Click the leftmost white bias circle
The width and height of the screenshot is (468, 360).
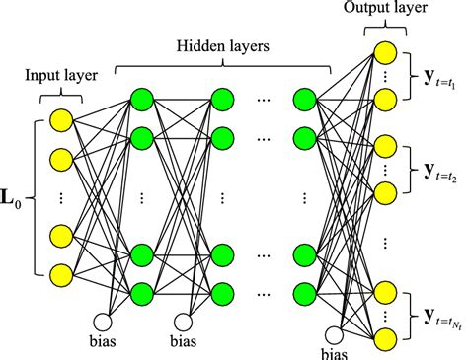click(x=102, y=322)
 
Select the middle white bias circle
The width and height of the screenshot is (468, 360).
click(x=184, y=322)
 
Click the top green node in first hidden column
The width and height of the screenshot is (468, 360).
click(x=141, y=99)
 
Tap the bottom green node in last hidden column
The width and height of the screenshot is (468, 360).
click(x=305, y=292)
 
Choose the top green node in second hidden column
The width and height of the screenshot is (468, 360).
click(x=223, y=99)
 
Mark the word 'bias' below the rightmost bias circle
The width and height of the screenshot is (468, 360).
click(x=342, y=353)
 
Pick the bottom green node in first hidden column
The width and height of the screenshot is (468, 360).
click(x=141, y=292)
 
